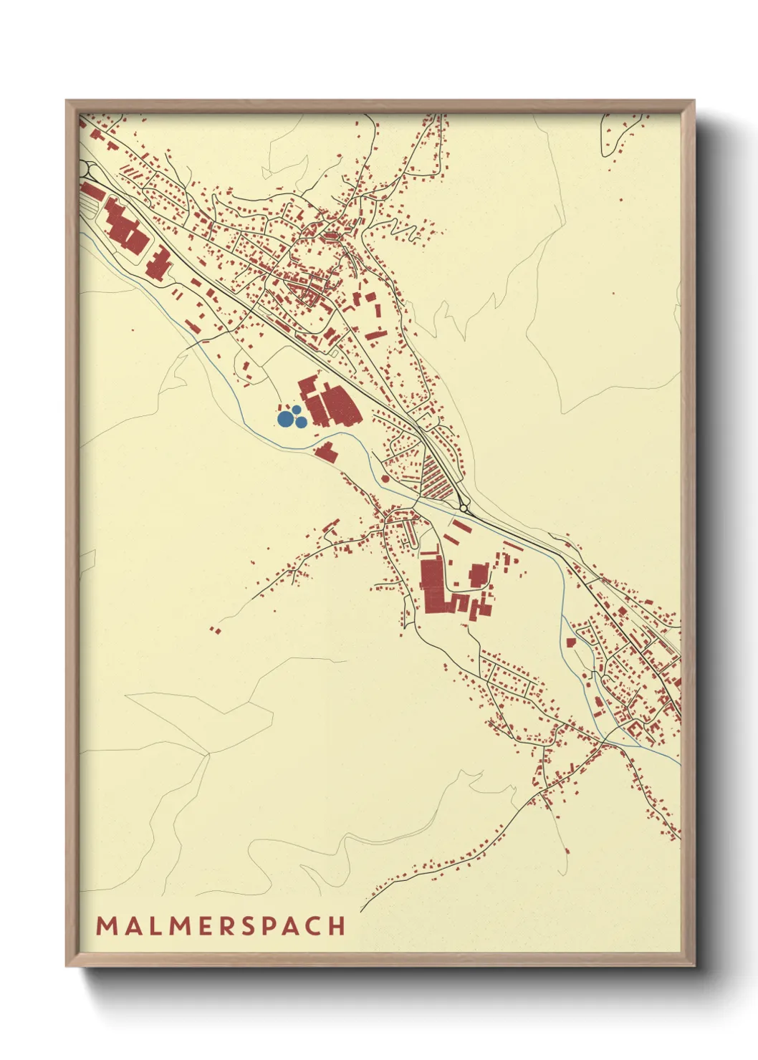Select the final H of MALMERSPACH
pyautogui.click(x=337, y=925)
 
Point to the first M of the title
pyautogui.click(x=106, y=925)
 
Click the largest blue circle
pyautogui.click(x=285, y=418)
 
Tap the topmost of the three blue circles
pyautogui.click(x=296, y=409)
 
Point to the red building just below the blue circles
pyautogui.click(x=326, y=451)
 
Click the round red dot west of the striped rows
pyautogui.click(x=385, y=478)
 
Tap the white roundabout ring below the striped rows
pyautogui.click(x=464, y=508)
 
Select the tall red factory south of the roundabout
pyautogui.click(x=431, y=586)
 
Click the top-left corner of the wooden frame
pyautogui.click(x=67, y=101)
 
